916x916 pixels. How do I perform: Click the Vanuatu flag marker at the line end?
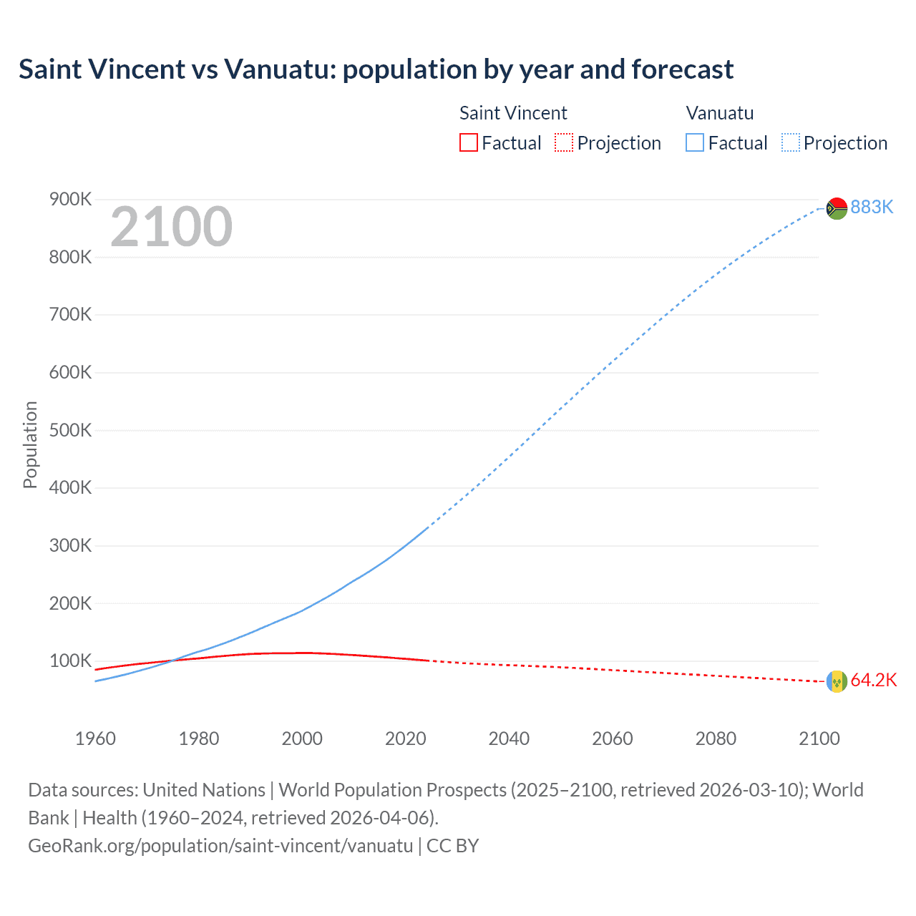click(837, 208)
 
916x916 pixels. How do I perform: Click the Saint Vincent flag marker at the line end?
click(837, 681)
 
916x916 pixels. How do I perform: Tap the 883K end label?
click(872, 207)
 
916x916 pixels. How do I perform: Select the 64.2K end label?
click(873, 680)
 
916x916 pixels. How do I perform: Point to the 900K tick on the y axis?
click(70, 199)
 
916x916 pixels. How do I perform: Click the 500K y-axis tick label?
click(70, 430)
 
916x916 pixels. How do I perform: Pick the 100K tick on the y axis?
click(70, 661)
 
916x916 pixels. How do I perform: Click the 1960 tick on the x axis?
click(95, 739)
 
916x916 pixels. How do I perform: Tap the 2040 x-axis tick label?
click(509, 739)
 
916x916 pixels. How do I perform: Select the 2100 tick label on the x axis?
click(819, 739)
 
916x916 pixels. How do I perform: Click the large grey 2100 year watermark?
click(171, 227)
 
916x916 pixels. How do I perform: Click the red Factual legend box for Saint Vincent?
click(468, 142)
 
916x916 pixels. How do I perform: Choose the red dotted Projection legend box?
click(564, 142)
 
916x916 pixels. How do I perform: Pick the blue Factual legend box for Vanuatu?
click(694, 142)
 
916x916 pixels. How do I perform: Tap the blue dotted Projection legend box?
click(790, 142)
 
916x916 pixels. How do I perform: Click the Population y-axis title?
click(30, 444)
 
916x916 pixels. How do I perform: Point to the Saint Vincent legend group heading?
click(512, 113)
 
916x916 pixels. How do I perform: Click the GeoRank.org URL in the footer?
click(220, 846)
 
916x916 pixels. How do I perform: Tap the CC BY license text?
click(452, 846)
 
